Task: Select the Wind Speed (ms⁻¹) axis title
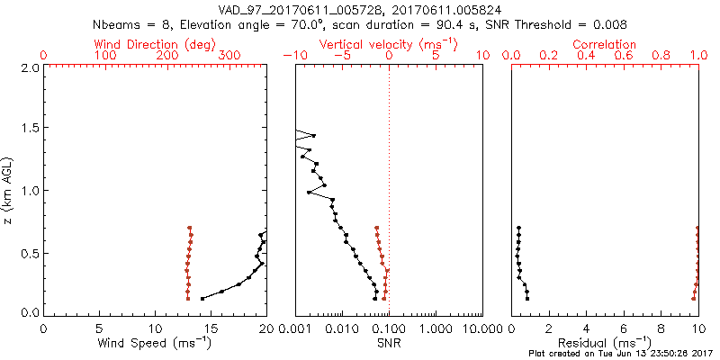(154, 343)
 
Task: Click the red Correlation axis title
(604, 44)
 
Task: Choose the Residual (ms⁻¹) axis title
(604, 343)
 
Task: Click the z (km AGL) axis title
(8, 189)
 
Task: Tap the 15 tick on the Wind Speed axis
(211, 328)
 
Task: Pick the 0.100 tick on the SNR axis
(389, 328)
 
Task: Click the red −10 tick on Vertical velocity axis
(293, 56)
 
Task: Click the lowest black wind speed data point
(202, 298)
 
